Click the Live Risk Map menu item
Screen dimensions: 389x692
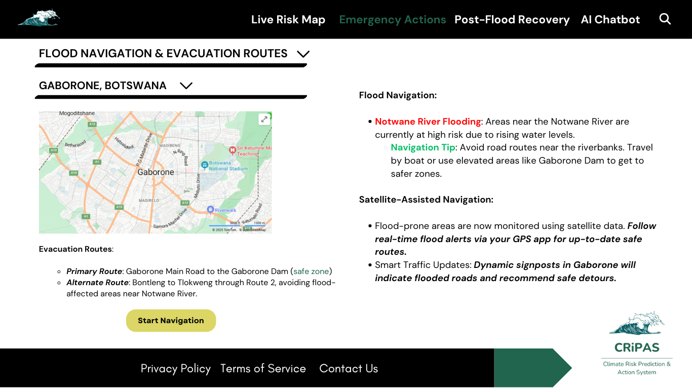[x=288, y=20]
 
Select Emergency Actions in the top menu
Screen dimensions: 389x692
[x=392, y=20]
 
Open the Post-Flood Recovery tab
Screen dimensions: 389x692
[x=512, y=20]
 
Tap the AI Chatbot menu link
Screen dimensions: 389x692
[x=610, y=20]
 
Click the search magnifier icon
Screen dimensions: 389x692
[x=665, y=19]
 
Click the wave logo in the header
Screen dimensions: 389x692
[x=39, y=18]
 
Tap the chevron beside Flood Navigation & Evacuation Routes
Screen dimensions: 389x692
[x=303, y=54]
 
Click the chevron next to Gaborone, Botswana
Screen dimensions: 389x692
[x=186, y=86]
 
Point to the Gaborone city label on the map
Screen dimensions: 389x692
[x=156, y=172]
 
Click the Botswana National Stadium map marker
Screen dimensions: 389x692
[x=205, y=165]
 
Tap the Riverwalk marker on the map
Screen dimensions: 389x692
[x=210, y=209]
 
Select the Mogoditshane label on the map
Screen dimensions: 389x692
[x=76, y=114]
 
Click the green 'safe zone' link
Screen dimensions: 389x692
[x=311, y=271]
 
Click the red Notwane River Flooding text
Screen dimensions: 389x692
[x=428, y=122]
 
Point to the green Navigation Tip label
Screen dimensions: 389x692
[x=422, y=147]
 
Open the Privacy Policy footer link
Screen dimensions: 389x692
[x=175, y=369]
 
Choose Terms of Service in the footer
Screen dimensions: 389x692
[x=263, y=369]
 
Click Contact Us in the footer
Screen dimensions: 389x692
[x=349, y=369]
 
